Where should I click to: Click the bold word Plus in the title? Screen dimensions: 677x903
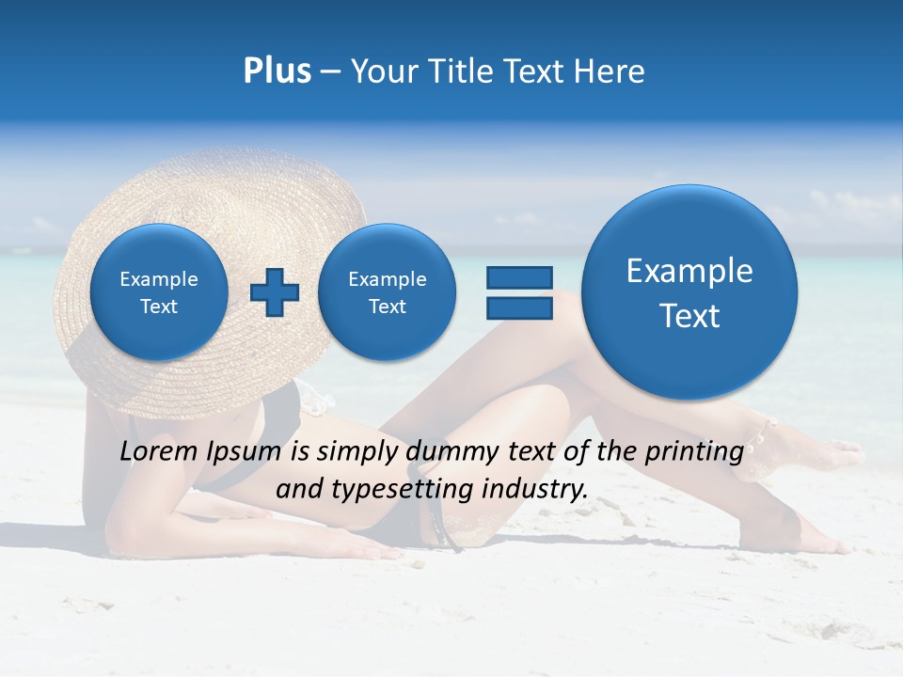(x=277, y=71)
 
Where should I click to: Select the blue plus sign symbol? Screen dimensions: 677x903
(x=275, y=292)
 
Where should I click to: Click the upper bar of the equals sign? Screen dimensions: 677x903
(x=519, y=277)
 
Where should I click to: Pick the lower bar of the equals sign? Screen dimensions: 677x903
(x=519, y=309)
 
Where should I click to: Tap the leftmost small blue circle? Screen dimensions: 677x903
(x=159, y=292)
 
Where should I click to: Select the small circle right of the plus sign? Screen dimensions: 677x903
(x=387, y=292)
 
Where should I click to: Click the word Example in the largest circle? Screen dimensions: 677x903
(x=689, y=271)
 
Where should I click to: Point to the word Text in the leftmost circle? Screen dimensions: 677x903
(x=159, y=307)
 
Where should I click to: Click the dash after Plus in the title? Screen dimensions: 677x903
(x=330, y=72)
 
